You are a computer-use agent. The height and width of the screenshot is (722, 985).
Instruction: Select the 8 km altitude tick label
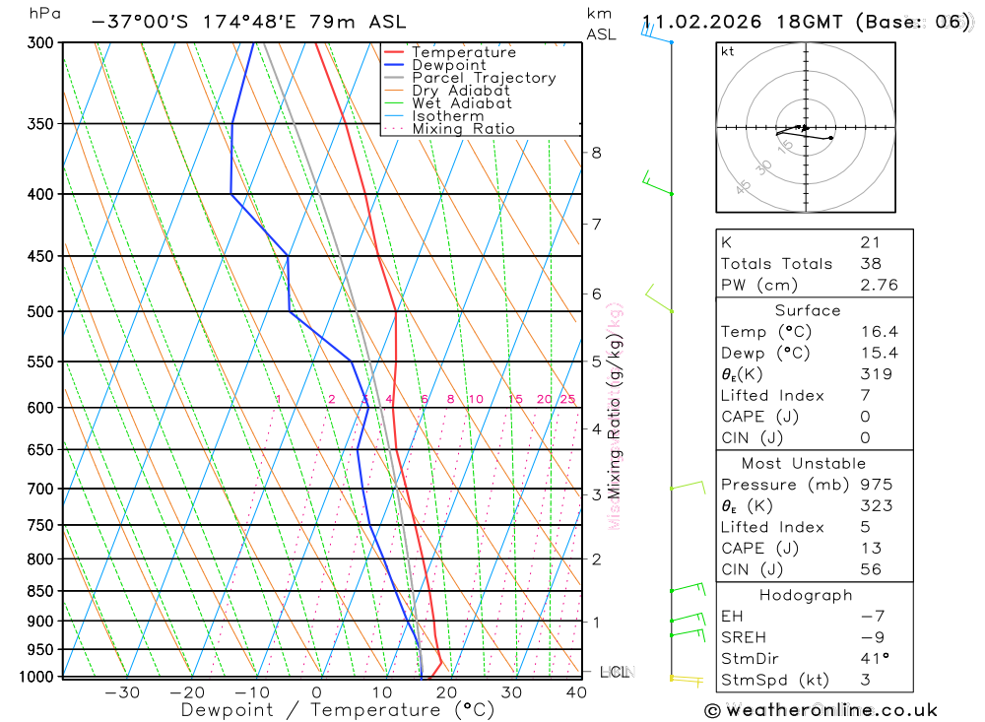coord(597,153)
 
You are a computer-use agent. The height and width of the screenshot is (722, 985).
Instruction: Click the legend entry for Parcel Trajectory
coord(484,78)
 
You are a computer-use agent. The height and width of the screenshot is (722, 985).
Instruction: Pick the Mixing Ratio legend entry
coord(463,129)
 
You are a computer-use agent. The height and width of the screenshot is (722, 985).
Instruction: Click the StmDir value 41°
coord(873,658)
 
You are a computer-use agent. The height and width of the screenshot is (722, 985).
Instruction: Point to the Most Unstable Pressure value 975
coord(876,485)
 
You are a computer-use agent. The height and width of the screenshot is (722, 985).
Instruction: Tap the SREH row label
coord(744,637)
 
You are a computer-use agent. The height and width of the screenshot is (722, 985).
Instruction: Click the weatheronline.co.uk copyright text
coord(821,709)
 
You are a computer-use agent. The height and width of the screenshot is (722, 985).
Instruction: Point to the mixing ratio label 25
coord(567,399)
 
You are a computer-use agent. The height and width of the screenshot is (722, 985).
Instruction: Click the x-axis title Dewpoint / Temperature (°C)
coord(338,709)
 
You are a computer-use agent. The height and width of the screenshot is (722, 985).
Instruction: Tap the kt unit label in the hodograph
coord(728,51)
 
